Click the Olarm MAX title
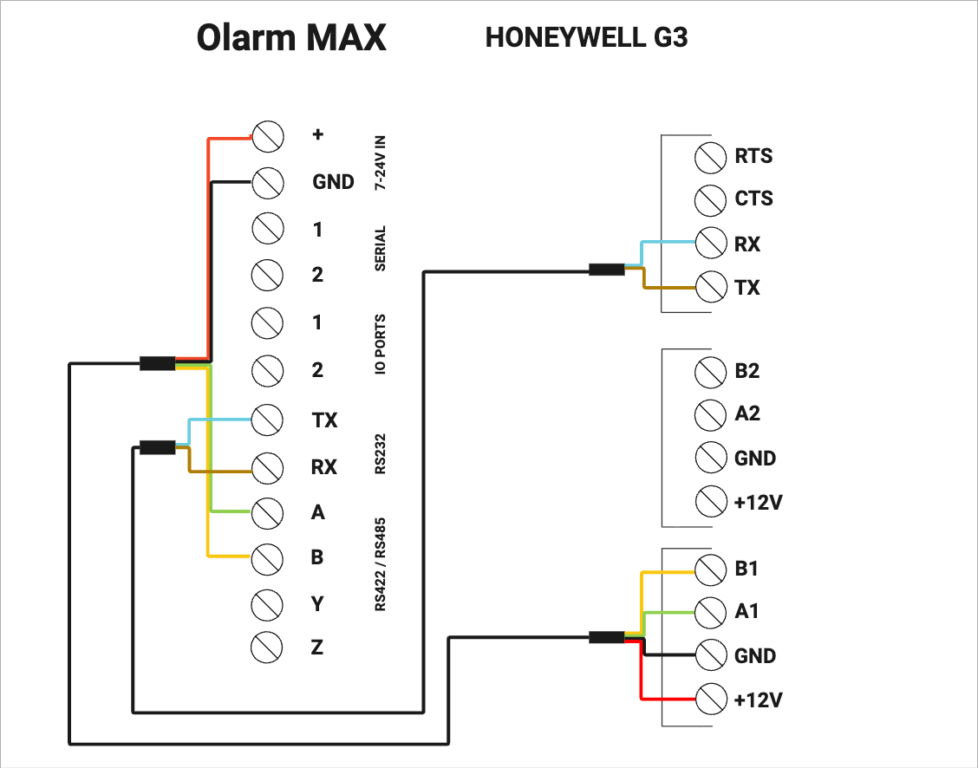(291, 37)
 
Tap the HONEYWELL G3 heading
(586, 37)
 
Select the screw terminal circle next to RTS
(710, 158)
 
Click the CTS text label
(753, 199)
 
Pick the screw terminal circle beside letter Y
(267, 603)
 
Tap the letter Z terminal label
(316, 647)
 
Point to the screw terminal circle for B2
(710, 372)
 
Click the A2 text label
(747, 413)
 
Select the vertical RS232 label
(381, 454)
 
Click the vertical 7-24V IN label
(381, 163)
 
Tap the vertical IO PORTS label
(381, 344)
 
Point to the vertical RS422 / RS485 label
(381, 564)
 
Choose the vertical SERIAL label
(381, 248)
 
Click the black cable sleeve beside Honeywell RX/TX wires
(607, 270)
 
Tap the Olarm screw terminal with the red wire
(268, 136)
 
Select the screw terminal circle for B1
(710, 569)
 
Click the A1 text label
(747, 611)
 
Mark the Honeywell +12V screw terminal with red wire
(711, 699)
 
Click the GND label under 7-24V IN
(333, 182)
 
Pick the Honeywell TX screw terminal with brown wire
(711, 287)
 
